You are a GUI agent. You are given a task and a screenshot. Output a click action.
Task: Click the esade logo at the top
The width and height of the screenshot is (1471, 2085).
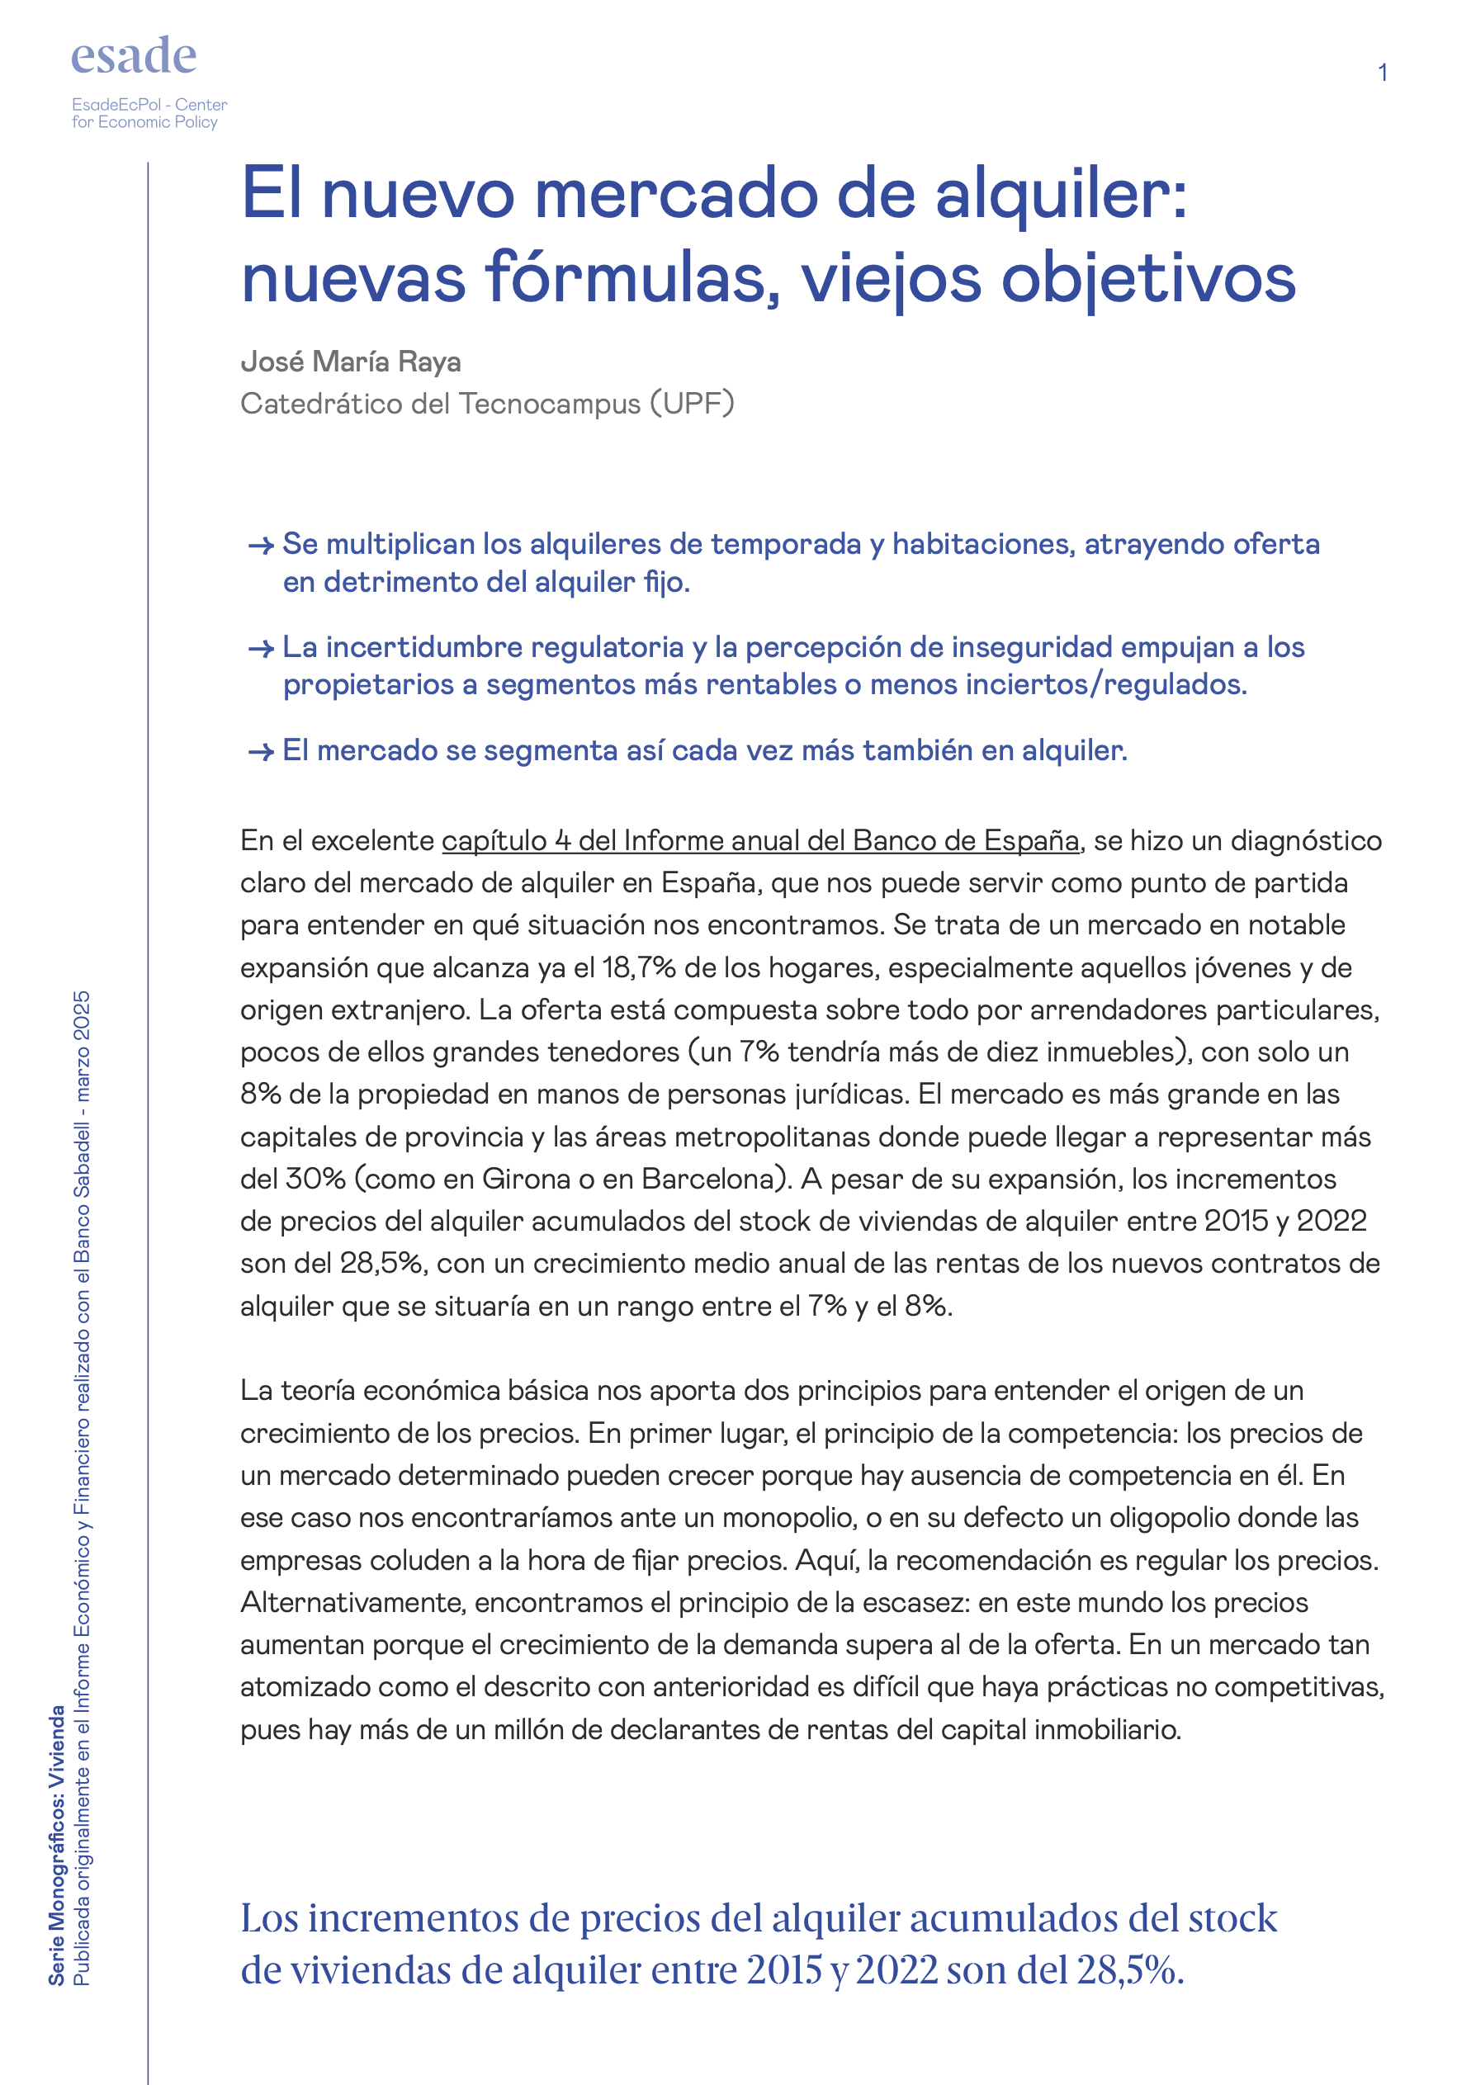pos(134,56)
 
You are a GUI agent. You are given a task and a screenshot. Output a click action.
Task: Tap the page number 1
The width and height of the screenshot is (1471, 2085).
pos(1381,73)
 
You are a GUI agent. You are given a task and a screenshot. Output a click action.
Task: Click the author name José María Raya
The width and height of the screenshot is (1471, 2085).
pos(351,362)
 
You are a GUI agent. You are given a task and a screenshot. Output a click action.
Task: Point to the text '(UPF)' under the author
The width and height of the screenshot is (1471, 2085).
pos(691,402)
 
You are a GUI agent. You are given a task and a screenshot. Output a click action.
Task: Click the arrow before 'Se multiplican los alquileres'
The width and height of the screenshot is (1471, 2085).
pos(261,546)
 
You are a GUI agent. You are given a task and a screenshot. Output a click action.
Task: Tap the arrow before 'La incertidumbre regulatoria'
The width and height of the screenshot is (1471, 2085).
pos(261,649)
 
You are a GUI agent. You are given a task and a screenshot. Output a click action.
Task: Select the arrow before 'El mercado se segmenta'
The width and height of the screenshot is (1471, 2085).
pos(261,752)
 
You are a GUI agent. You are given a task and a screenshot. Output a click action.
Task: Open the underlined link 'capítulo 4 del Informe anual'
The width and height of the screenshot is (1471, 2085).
pos(760,841)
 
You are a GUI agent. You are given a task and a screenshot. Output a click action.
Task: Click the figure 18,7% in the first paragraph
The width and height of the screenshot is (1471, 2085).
pos(638,968)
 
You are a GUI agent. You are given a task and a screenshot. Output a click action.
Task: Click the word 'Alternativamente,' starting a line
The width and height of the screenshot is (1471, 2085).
pos(353,1602)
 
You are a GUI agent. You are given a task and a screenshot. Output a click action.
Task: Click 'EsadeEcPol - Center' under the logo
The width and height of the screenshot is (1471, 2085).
pos(149,105)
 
